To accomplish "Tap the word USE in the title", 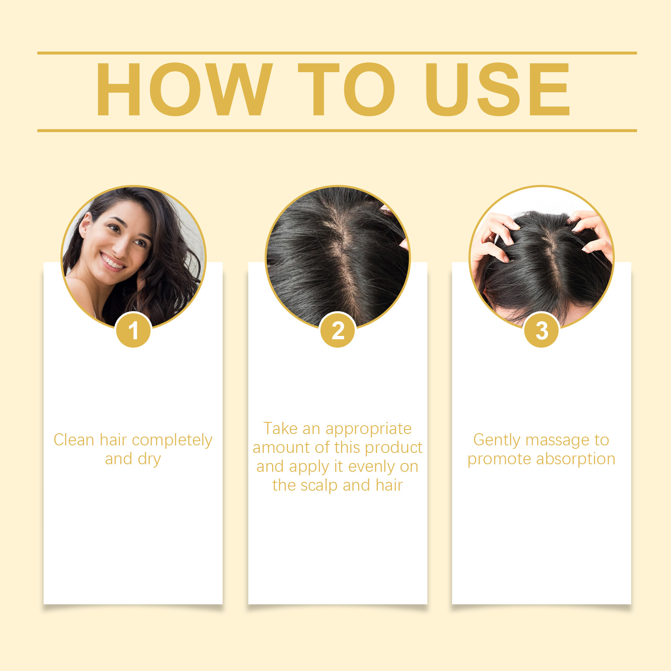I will [x=497, y=89].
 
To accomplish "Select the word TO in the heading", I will [x=346, y=89].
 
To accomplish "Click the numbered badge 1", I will [x=133, y=330].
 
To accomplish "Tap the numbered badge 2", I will [x=338, y=330].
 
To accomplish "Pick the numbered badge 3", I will [x=542, y=330].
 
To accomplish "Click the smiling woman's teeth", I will [x=112, y=262].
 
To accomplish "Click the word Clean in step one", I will [x=74, y=440].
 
